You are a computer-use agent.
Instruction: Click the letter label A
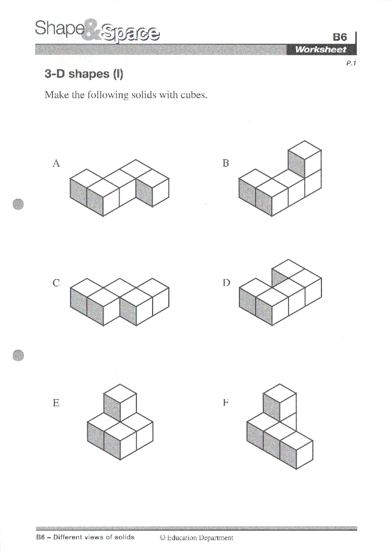(x=56, y=163)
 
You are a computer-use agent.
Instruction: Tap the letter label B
(x=226, y=163)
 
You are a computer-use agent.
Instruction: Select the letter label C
(x=56, y=283)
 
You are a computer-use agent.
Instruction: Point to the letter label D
(x=226, y=283)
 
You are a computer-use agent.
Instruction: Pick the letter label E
(x=56, y=403)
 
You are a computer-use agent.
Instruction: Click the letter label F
(x=226, y=403)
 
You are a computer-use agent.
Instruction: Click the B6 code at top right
(x=340, y=37)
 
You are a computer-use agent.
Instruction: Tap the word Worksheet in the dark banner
(x=320, y=50)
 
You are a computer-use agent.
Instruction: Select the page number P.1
(x=351, y=63)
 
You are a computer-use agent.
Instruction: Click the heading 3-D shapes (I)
(x=84, y=74)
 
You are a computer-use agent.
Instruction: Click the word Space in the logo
(x=130, y=33)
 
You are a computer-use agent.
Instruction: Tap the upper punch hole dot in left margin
(x=18, y=204)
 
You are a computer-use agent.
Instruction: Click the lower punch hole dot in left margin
(x=18, y=355)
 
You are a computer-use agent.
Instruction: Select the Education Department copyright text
(x=197, y=538)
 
